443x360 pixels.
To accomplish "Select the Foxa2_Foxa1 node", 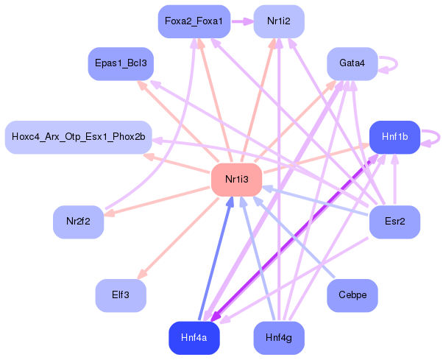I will click(x=194, y=21).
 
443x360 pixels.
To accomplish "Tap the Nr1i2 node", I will click(x=279, y=21).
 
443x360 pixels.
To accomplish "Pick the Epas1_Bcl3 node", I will click(x=120, y=63).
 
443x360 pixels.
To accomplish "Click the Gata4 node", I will click(x=352, y=63).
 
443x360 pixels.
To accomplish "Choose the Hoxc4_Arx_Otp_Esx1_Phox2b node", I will click(x=78, y=137).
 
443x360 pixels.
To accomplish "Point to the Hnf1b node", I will click(x=394, y=137).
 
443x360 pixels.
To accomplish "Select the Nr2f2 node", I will click(x=78, y=222).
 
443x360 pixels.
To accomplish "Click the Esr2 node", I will click(x=394, y=222).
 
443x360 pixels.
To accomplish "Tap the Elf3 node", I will click(x=120, y=295).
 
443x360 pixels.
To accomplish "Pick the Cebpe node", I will click(x=352, y=295).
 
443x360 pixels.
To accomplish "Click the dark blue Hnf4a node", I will click(x=194, y=338).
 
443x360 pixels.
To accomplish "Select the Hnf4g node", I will click(x=279, y=338).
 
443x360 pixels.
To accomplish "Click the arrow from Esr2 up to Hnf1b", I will click(x=394, y=180).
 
